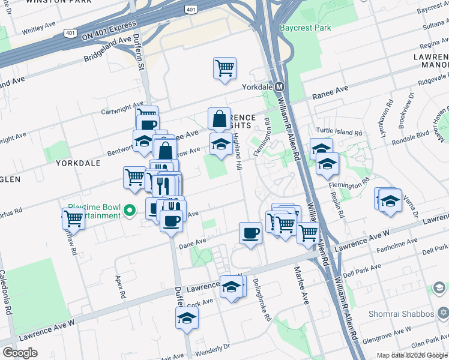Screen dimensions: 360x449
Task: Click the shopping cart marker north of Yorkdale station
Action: click(x=224, y=68)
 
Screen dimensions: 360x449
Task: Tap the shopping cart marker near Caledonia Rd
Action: click(x=73, y=219)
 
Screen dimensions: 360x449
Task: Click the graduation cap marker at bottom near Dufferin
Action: click(x=187, y=318)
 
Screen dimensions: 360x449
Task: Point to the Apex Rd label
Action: click(x=121, y=287)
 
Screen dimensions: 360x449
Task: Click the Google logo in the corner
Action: click(x=20, y=352)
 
